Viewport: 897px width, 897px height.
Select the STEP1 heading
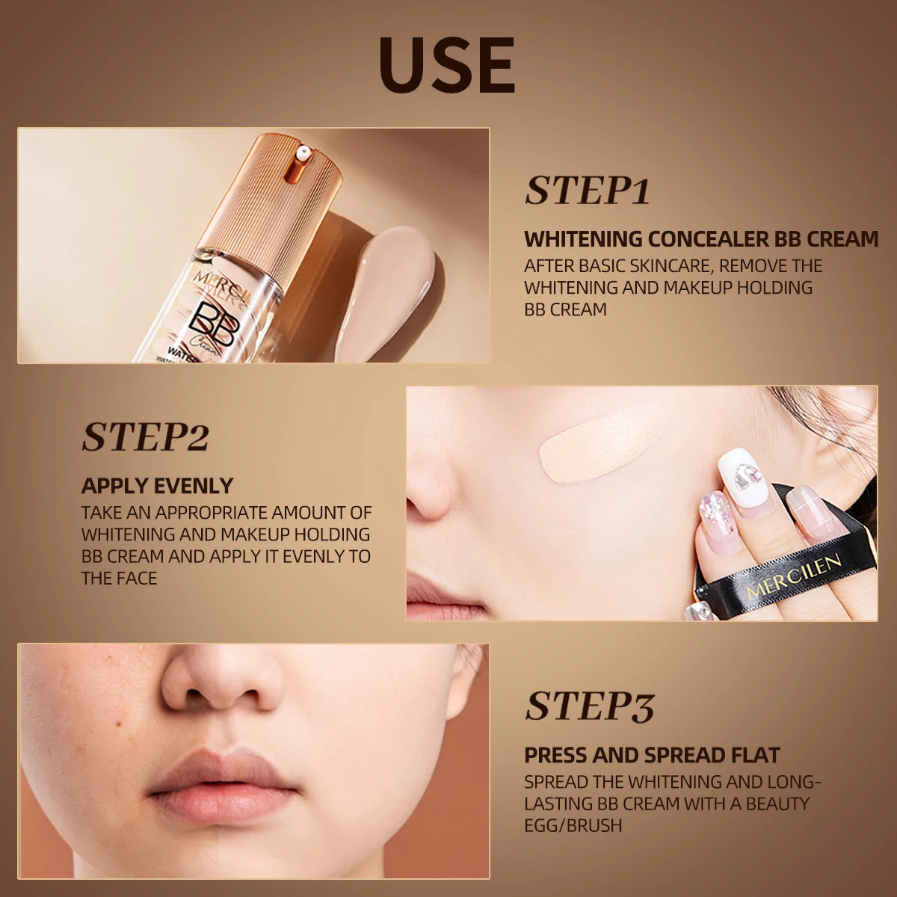point(587,191)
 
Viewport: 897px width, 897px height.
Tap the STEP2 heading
point(145,437)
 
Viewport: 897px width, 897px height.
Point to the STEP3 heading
point(589,706)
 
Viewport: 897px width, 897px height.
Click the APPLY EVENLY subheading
point(157,486)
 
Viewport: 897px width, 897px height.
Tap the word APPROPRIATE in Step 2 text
point(212,513)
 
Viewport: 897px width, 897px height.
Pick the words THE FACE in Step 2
point(119,578)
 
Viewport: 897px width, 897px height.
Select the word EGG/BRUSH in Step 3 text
point(573,825)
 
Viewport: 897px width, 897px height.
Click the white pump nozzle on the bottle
point(304,151)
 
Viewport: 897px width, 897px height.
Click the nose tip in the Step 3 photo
point(222,684)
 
